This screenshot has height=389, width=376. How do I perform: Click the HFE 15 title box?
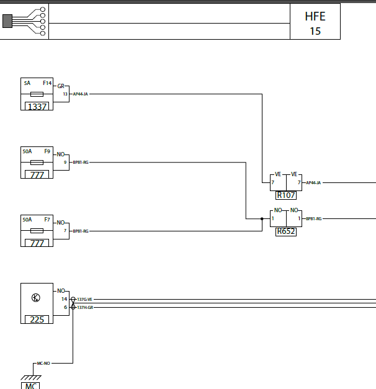[x=315, y=21]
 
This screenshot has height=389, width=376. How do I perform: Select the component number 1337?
[x=37, y=107]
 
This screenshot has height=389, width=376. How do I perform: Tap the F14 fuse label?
[x=47, y=83]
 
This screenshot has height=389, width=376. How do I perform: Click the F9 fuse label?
[x=47, y=151]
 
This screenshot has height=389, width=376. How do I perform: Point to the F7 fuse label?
[x=47, y=220]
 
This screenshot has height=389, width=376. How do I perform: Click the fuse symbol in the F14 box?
[x=37, y=94]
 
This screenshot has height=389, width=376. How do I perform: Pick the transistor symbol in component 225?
[x=36, y=297]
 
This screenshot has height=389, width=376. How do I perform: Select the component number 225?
[x=37, y=320]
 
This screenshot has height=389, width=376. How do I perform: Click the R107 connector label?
[x=286, y=195]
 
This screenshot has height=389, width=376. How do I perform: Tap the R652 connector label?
[x=286, y=231]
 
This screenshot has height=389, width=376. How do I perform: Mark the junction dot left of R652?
[x=262, y=219]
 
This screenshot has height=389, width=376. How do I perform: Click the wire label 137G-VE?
[x=84, y=300]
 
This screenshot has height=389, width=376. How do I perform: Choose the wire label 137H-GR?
[x=85, y=308]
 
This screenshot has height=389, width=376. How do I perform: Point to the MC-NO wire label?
[x=43, y=364]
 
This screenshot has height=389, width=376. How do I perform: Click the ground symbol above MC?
[x=31, y=378]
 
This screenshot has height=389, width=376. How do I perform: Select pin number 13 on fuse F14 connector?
[x=65, y=94]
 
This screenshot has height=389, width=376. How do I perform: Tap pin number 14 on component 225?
[x=65, y=299]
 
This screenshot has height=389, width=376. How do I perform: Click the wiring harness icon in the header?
[x=24, y=21]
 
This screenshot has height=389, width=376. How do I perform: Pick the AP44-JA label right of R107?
[x=313, y=183]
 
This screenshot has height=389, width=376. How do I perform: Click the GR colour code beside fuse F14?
[x=61, y=86]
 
